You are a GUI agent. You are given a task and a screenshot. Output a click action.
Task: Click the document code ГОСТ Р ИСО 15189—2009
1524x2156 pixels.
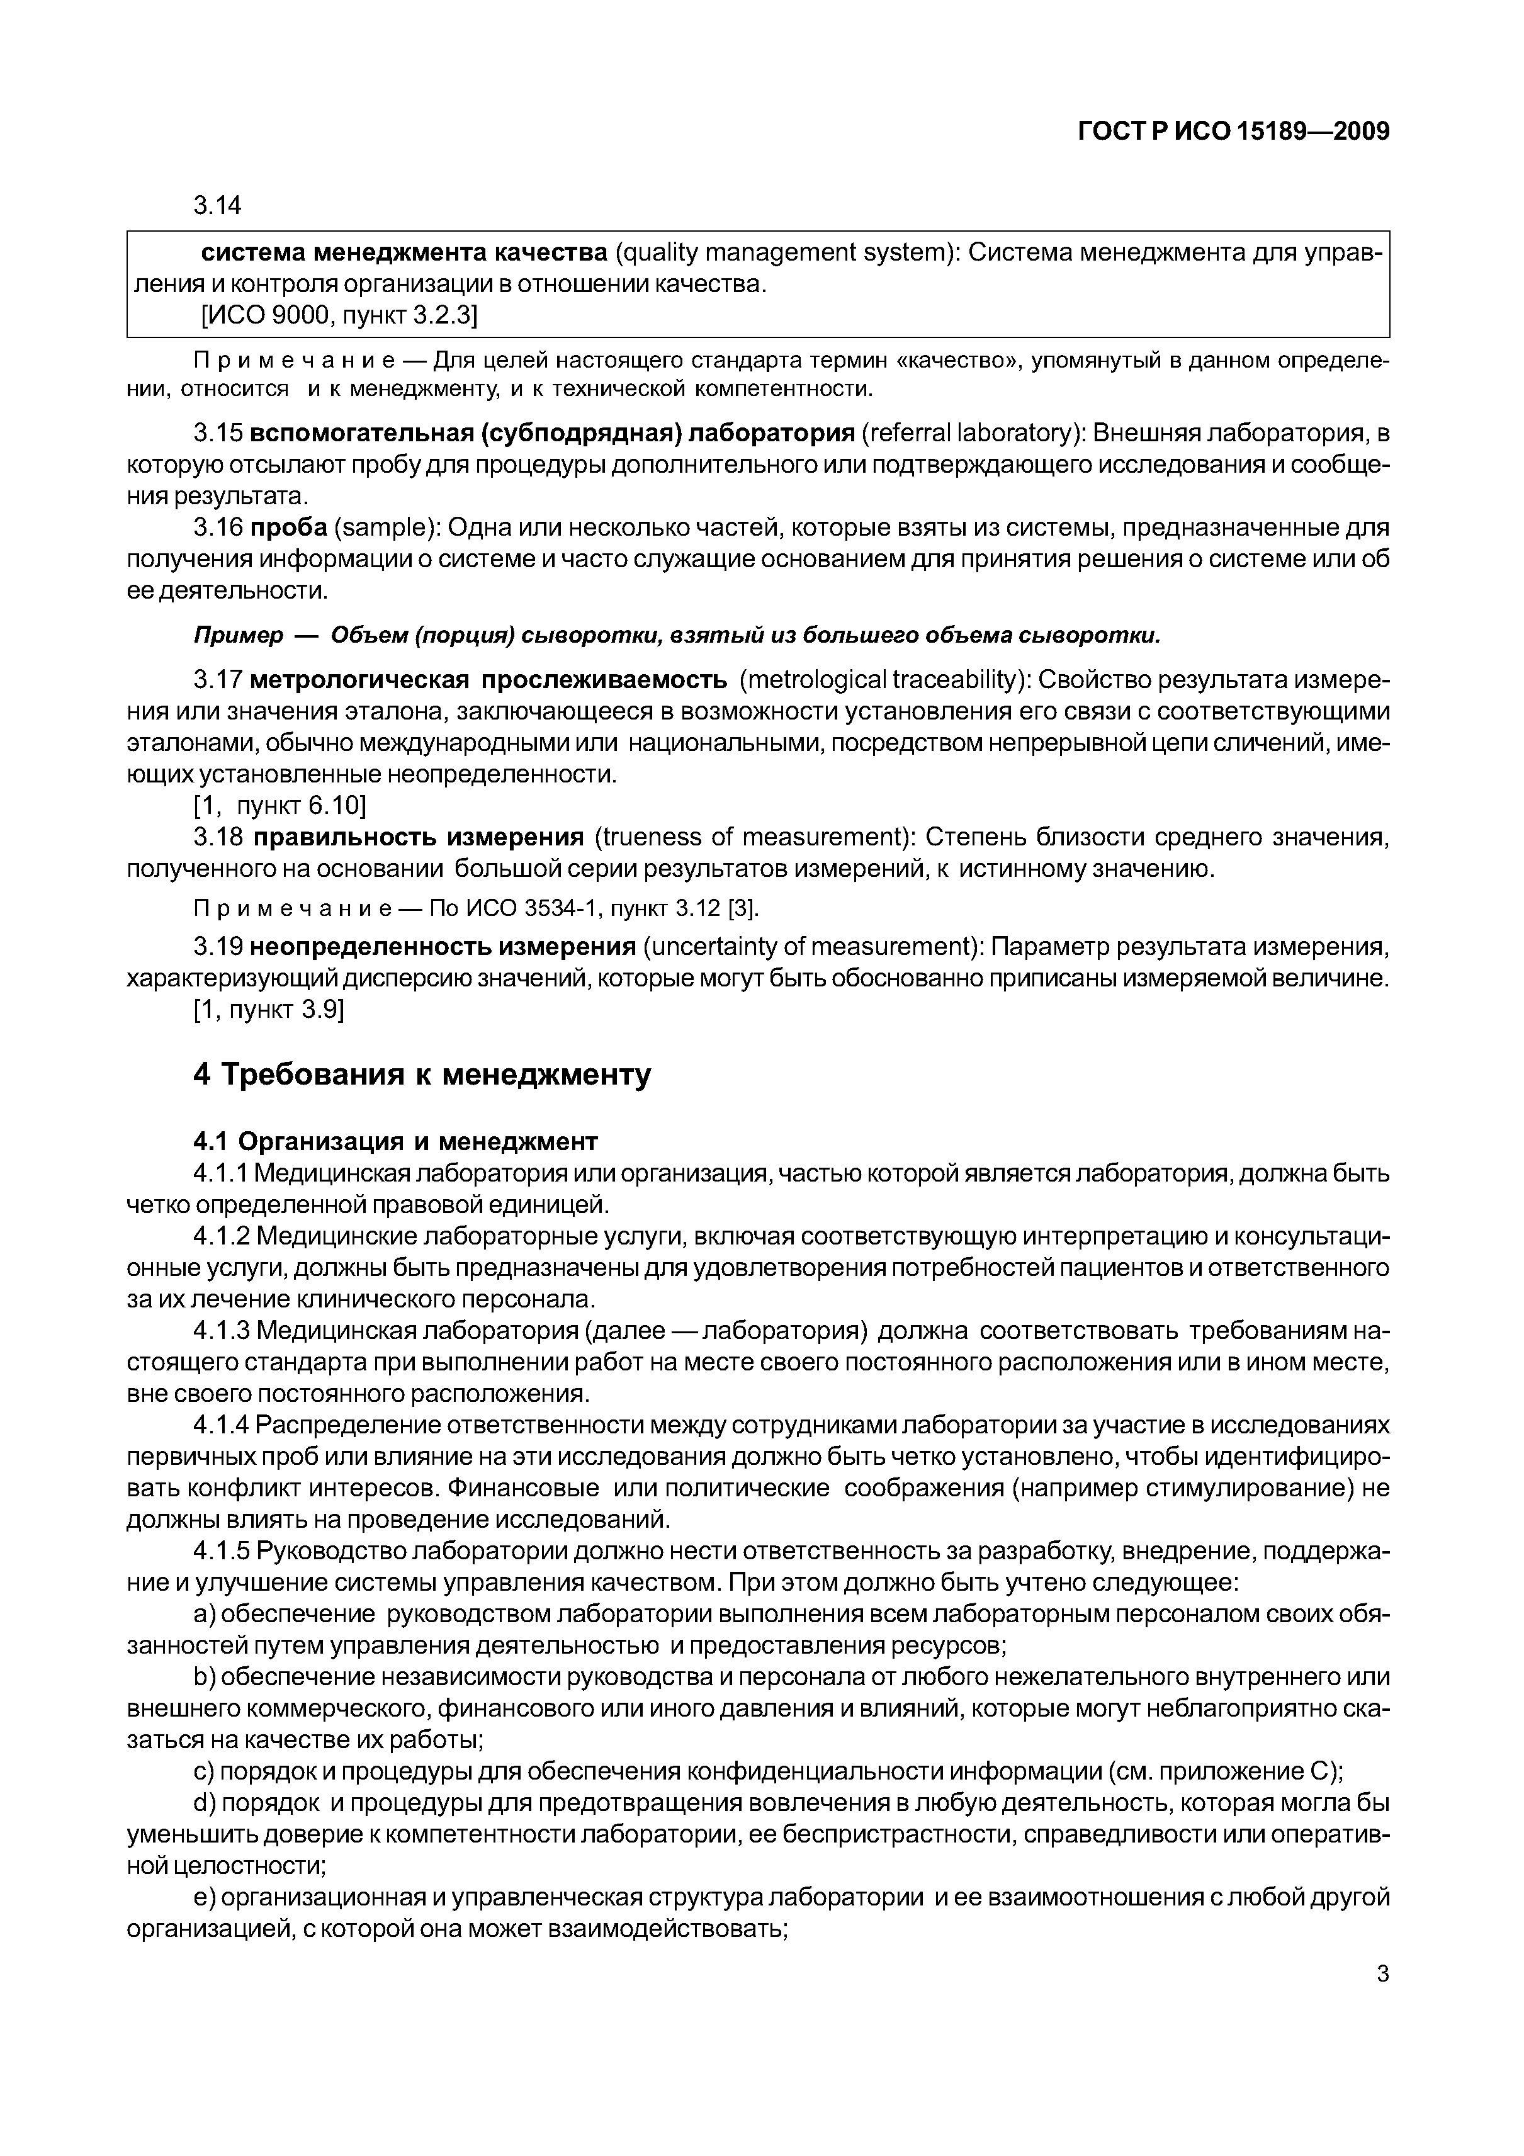[1233, 132]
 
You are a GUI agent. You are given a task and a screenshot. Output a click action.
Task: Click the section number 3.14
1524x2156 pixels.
[217, 204]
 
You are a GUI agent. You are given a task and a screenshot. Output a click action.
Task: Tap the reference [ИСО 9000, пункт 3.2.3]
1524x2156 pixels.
[340, 317]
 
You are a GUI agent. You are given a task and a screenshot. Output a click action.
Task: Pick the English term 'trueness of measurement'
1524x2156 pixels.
[747, 837]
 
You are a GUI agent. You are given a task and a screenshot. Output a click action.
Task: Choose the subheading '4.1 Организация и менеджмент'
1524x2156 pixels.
[395, 1141]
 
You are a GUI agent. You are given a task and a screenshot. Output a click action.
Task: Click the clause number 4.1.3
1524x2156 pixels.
[221, 1331]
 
